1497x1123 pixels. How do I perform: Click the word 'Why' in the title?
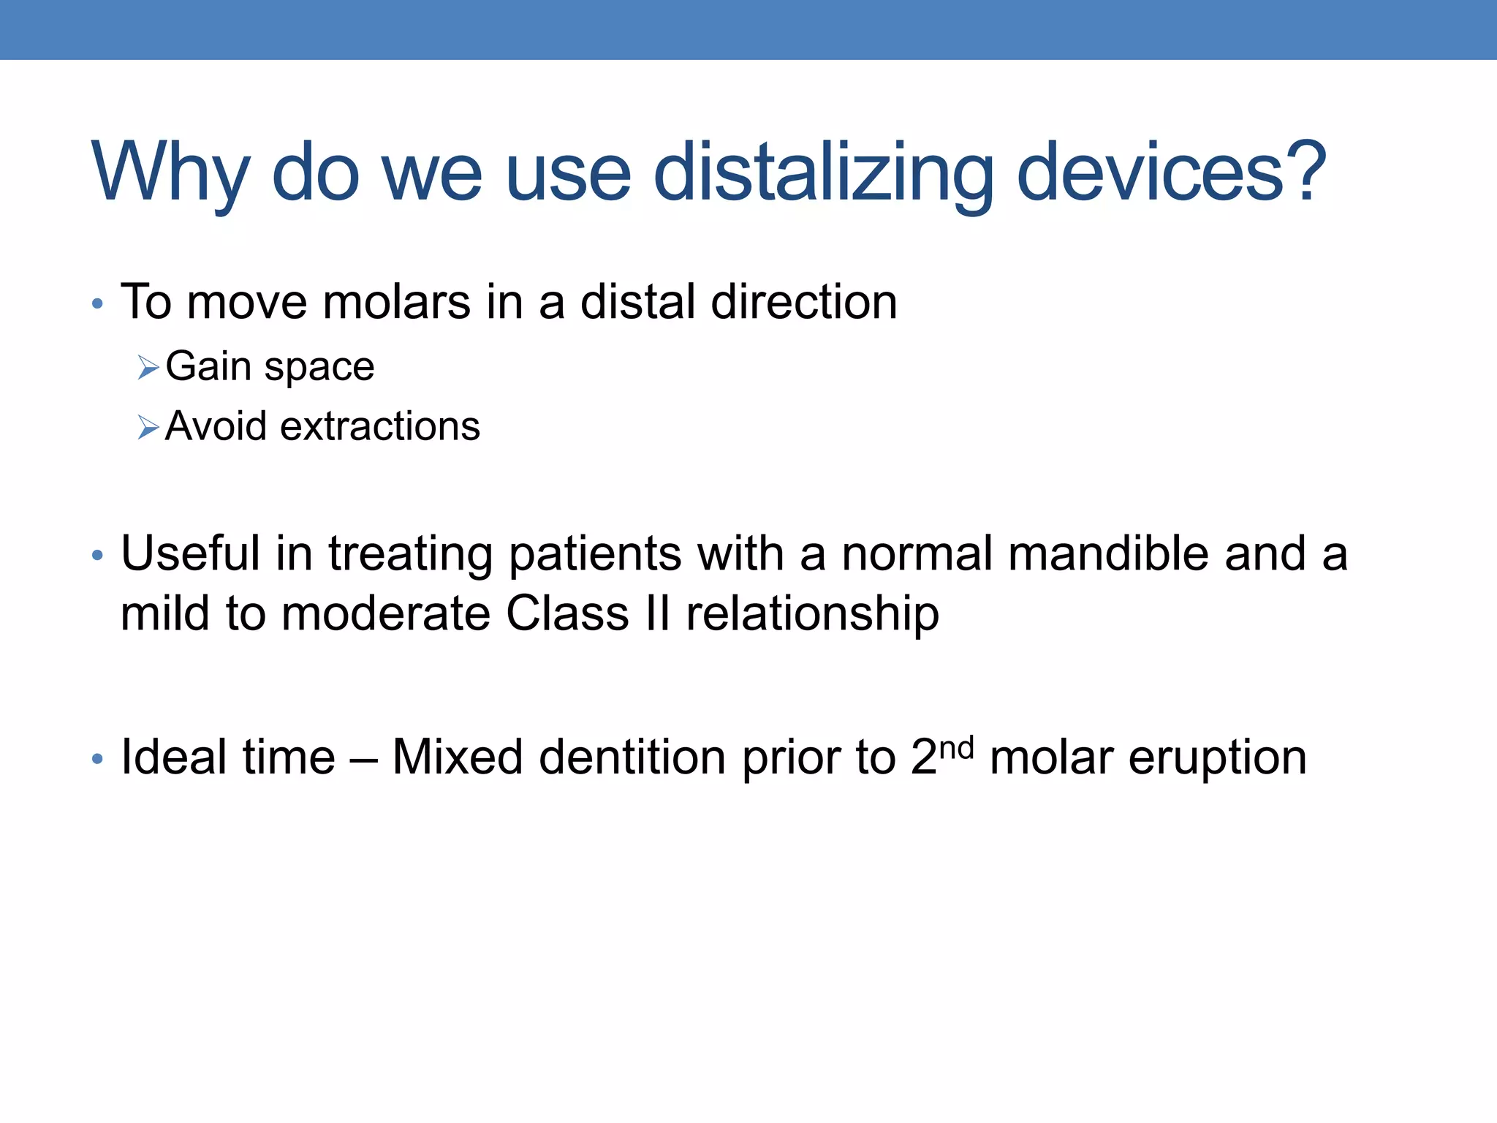pyautogui.click(x=170, y=173)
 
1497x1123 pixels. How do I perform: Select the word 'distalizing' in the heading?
pyautogui.click(x=823, y=173)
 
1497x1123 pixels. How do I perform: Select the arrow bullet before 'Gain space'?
pyautogui.click(x=148, y=367)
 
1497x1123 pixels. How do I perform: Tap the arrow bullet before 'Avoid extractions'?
pyautogui.click(x=148, y=427)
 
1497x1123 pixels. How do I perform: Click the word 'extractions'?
pyautogui.click(x=380, y=426)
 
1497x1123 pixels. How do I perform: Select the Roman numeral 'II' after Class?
pyautogui.click(x=658, y=613)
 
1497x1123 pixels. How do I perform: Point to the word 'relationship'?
pyautogui.click(x=812, y=614)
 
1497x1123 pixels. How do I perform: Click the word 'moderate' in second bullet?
pyautogui.click(x=386, y=613)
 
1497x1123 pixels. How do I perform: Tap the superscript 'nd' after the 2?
pyautogui.click(x=956, y=748)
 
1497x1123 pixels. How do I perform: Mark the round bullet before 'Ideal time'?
pyautogui.click(x=97, y=759)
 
